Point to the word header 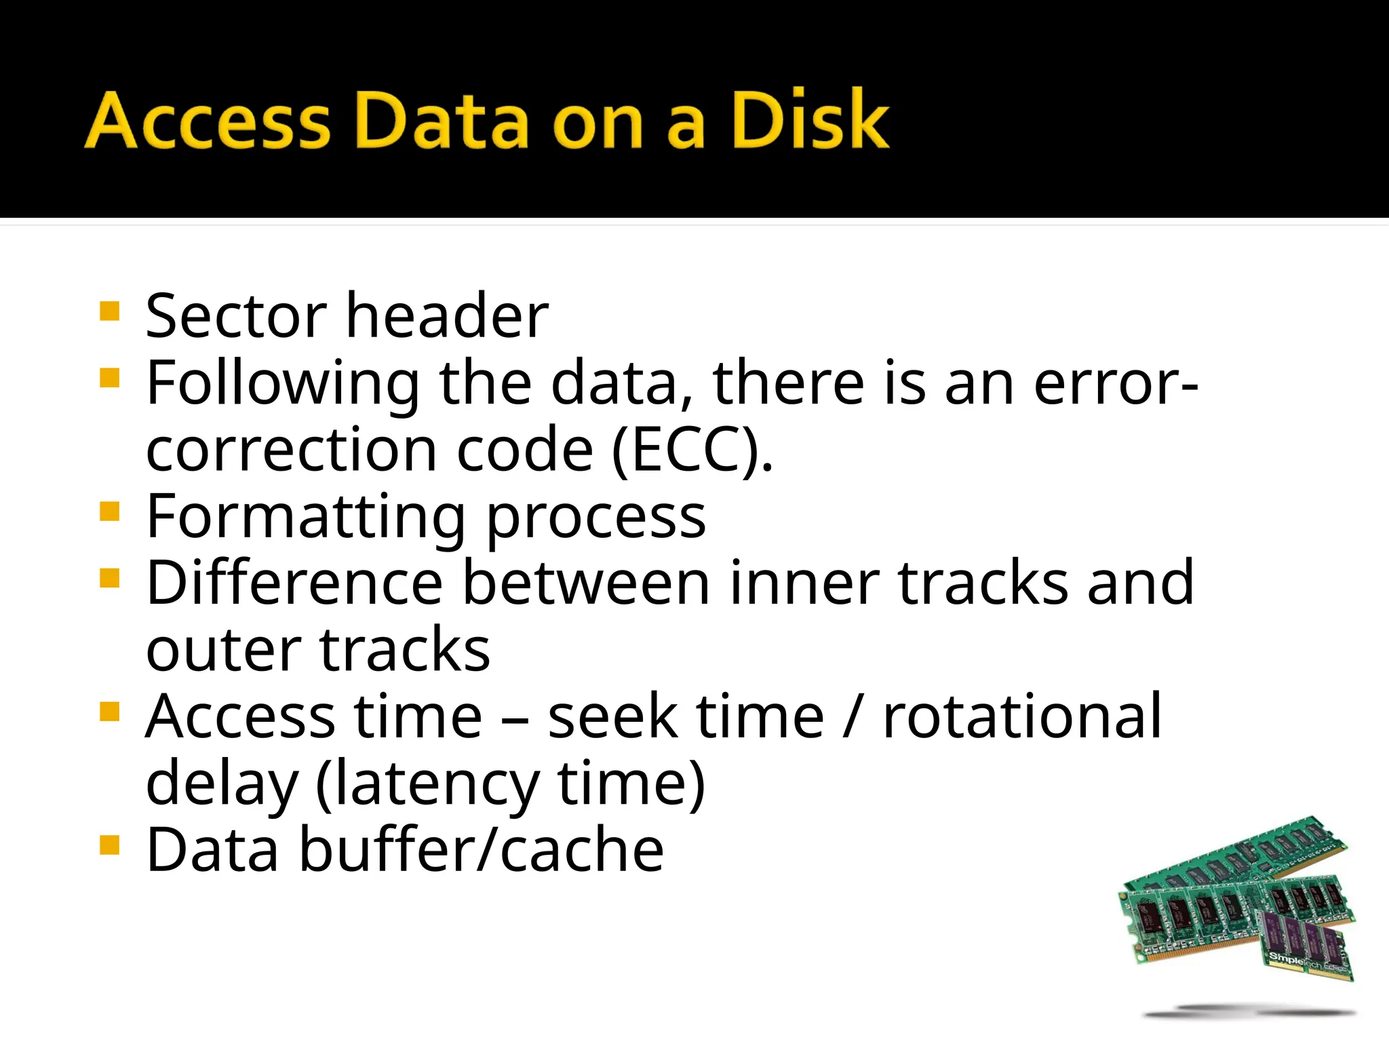coord(448,316)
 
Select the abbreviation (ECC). coord(692,450)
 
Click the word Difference coord(295,583)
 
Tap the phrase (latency coord(428,784)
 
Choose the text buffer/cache coord(482,851)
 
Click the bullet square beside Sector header coord(109,311)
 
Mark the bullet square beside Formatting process coord(109,511)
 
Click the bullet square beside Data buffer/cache coord(109,845)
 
